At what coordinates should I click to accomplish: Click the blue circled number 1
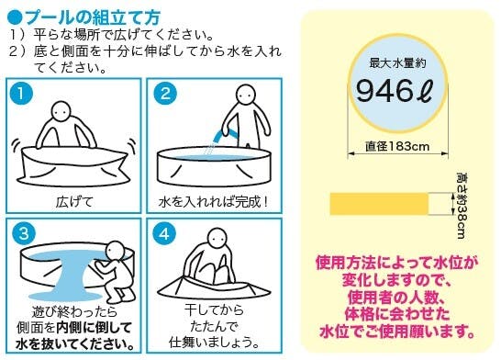(x=21, y=94)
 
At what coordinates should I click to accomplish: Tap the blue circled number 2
(x=165, y=94)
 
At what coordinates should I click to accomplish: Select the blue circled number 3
(x=24, y=233)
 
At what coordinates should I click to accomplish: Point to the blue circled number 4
(x=164, y=233)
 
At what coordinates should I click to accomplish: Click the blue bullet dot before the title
(x=15, y=17)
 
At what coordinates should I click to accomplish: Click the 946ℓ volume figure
(x=394, y=92)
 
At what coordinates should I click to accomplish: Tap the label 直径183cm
(x=397, y=146)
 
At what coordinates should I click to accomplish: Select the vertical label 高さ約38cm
(x=462, y=206)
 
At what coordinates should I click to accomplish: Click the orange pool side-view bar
(x=379, y=204)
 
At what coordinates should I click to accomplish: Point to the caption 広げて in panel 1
(x=74, y=202)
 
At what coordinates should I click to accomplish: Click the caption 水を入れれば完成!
(x=213, y=202)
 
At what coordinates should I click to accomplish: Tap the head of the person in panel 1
(x=61, y=111)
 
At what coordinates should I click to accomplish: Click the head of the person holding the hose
(x=246, y=95)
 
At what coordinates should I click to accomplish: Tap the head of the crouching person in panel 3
(x=116, y=251)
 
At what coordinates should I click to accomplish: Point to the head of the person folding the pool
(x=217, y=238)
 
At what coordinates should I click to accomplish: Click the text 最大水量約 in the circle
(x=397, y=63)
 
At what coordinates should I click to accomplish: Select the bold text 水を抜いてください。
(x=74, y=344)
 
